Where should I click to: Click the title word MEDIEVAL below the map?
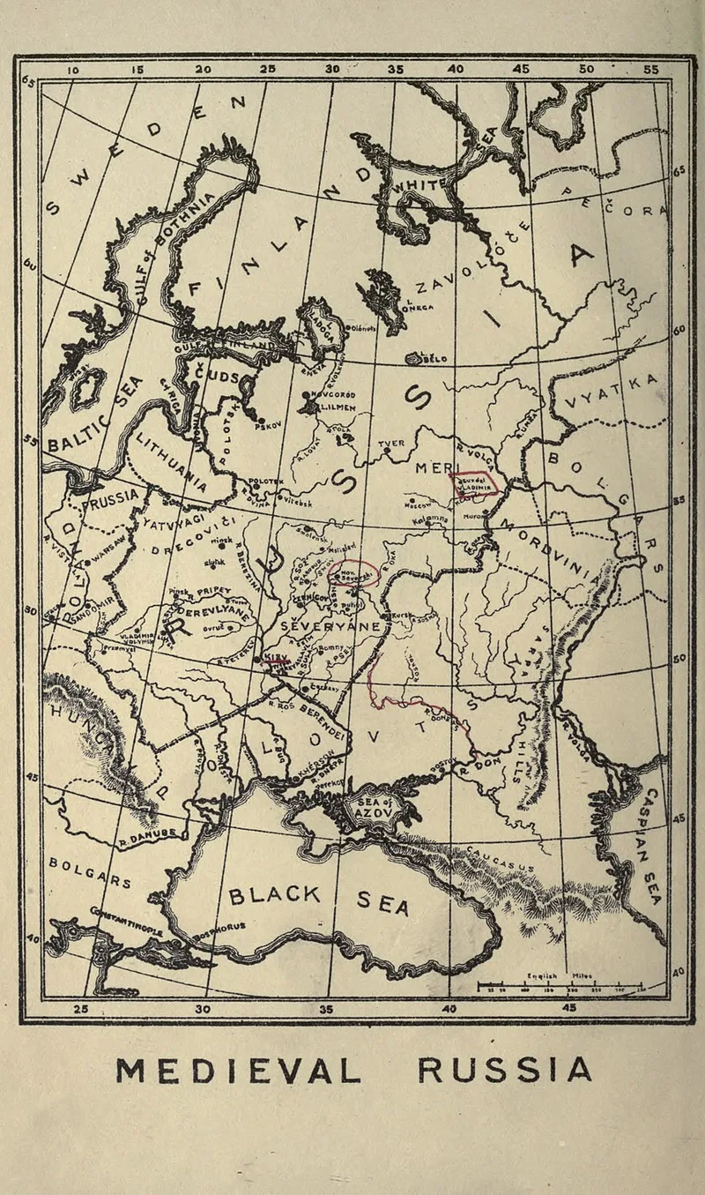pos(239,1071)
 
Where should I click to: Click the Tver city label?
pos(390,444)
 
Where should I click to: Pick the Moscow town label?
pos(417,505)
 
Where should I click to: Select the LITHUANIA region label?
pos(173,461)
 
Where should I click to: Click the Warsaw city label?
pos(111,557)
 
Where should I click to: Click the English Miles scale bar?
pos(560,984)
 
